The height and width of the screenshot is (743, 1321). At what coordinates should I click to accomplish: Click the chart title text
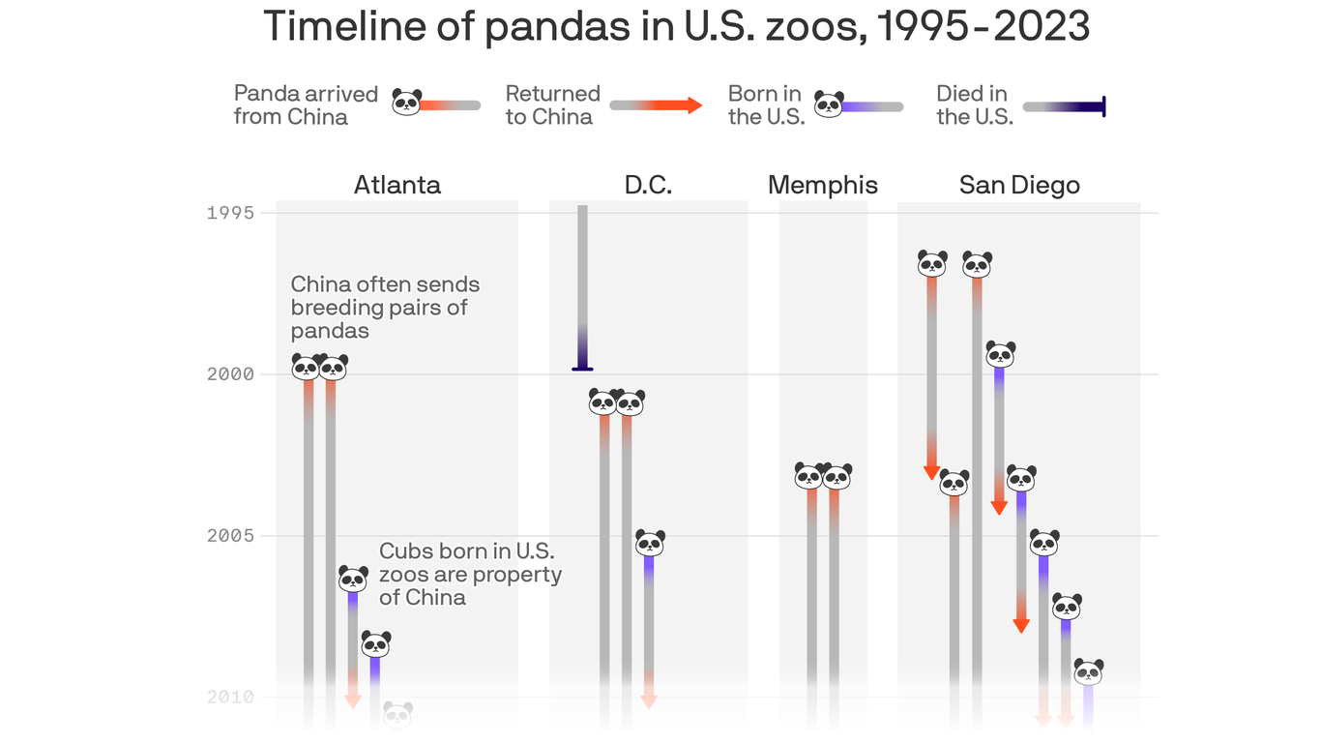point(676,26)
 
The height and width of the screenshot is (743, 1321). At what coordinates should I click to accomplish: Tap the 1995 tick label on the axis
point(230,213)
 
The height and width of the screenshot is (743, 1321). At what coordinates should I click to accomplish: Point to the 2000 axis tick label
point(230,374)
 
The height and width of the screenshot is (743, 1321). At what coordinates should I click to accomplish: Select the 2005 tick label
point(230,536)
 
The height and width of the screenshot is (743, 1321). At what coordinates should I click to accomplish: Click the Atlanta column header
point(396,185)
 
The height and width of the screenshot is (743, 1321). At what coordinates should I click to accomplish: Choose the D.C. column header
point(648,185)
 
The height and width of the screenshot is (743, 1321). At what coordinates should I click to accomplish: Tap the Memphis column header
point(823,185)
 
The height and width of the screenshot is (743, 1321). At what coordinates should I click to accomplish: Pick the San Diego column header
point(1019,185)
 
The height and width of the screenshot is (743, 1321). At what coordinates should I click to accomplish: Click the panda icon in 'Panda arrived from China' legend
point(407,102)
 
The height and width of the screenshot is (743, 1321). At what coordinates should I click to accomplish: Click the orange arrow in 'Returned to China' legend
point(692,105)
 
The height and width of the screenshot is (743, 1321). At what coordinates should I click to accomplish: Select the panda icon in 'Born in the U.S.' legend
point(829,104)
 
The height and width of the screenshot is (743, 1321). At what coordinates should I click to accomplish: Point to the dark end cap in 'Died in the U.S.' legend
point(1102,106)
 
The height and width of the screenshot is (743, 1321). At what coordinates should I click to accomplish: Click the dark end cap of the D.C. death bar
point(582,368)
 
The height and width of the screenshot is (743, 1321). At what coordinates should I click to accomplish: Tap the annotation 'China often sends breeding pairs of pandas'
point(385,308)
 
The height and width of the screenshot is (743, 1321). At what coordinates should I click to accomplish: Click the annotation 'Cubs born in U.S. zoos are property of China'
point(470,574)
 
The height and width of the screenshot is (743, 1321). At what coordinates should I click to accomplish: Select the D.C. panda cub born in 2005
point(650,542)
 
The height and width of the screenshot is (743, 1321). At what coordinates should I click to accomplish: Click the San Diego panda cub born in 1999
point(1000,353)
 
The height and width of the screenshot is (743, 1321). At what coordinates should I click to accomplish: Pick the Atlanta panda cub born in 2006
point(353,579)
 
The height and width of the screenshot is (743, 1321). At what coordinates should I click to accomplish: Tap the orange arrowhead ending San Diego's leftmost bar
point(932,471)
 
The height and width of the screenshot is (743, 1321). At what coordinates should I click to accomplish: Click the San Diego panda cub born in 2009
point(1088,671)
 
